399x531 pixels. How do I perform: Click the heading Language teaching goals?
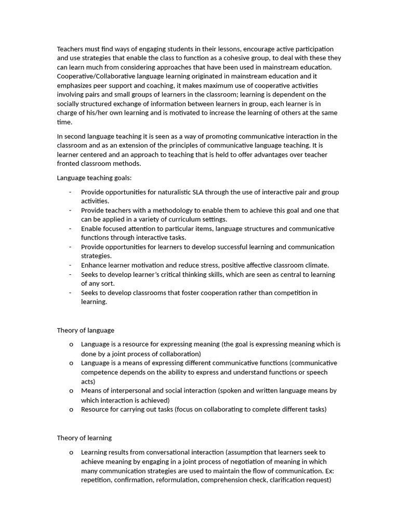[94, 178]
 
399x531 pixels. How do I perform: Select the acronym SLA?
[210, 192]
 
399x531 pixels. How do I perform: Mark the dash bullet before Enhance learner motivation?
[70, 265]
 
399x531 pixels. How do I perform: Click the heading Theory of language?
[85, 330]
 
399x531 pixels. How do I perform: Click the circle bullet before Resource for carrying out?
[71, 410]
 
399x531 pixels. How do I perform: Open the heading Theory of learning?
[84, 438]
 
